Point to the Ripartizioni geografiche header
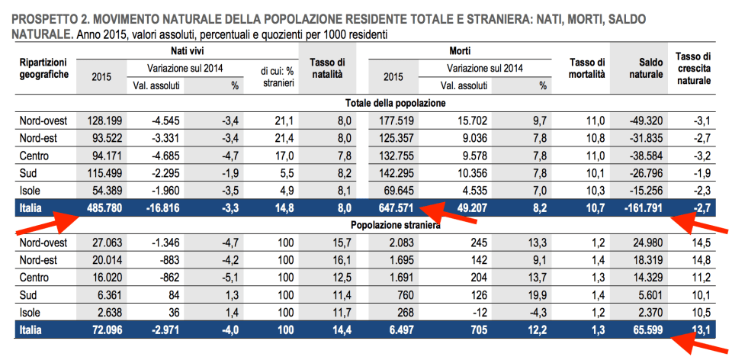[x=43, y=68]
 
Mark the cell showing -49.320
[x=645, y=121]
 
